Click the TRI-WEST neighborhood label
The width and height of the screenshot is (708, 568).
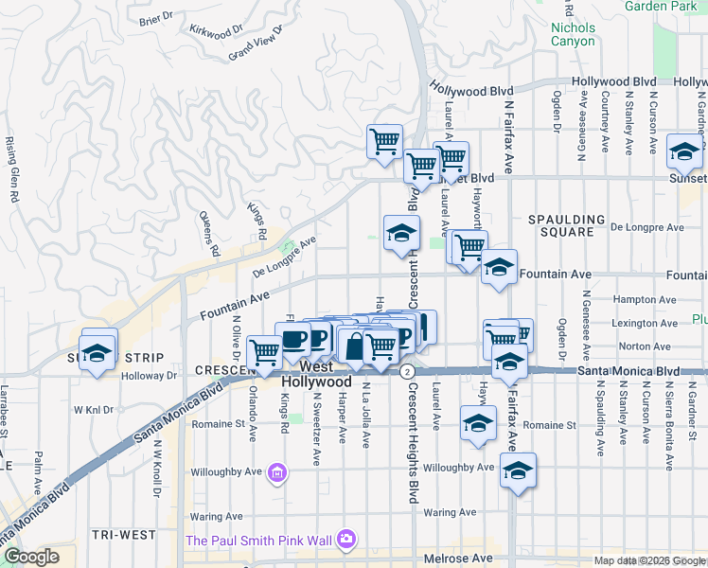[x=124, y=535]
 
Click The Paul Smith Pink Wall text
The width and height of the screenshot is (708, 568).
[x=260, y=541]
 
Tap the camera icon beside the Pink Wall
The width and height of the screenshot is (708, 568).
[x=346, y=539]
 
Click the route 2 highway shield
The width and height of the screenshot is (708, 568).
[x=405, y=370]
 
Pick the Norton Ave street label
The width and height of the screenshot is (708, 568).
[x=646, y=346]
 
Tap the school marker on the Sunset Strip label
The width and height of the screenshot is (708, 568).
[x=96, y=353]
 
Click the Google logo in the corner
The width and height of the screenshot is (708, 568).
[x=31, y=557]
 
